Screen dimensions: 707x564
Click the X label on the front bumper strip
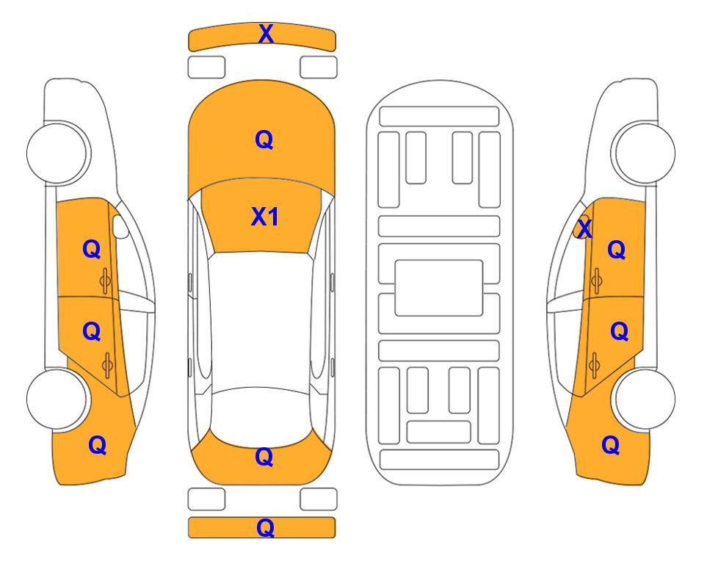click(266, 34)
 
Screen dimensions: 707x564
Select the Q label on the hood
click(264, 140)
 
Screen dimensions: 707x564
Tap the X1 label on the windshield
click(265, 217)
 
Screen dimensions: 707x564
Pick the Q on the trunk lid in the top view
click(264, 457)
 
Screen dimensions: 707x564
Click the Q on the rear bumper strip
click(265, 527)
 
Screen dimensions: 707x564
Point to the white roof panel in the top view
click(261, 320)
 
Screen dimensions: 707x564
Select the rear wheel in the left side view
click(57, 399)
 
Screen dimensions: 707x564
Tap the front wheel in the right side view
click(643, 153)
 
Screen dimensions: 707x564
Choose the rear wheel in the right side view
click(643, 399)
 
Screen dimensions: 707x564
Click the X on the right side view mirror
click(584, 228)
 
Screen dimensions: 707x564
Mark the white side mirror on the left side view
click(120, 226)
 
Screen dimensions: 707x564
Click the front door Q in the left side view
click(92, 249)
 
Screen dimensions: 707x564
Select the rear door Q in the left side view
click(92, 332)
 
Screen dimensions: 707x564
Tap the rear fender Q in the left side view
click(98, 445)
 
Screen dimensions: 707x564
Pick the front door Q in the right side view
click(617, 250)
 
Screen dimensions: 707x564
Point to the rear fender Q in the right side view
click(611, 445)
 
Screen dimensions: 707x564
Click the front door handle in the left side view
click(105, 281)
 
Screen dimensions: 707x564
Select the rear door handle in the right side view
click(595, 366)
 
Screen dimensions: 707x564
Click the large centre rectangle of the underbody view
click(439, 288)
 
